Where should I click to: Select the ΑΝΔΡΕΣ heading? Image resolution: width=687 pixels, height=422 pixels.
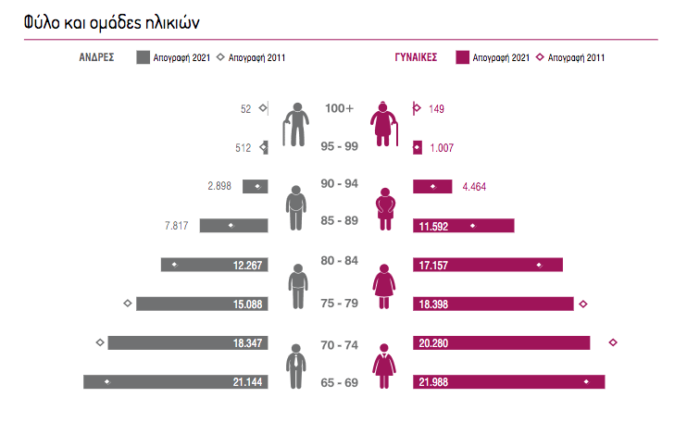point(95,57)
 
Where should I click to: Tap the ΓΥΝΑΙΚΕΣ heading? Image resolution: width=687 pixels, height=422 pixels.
point(416,57)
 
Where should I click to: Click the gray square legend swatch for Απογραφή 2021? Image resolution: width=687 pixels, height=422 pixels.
point(144,57)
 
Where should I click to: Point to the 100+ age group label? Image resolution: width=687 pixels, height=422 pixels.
point(339,108)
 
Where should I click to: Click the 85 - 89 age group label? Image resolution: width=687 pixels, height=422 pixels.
point(339,220)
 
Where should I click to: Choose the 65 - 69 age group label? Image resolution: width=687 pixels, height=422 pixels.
point(339,382)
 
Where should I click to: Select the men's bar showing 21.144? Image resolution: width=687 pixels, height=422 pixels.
point(176,382)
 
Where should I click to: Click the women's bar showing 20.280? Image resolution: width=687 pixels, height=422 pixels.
point(501,343)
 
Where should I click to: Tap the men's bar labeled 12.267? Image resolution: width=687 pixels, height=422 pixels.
point(215,265)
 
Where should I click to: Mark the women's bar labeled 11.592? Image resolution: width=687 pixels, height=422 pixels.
point(463,226)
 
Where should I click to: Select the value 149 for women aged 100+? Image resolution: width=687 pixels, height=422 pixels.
point(437,109)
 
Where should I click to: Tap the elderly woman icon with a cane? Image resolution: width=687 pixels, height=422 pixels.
point(384,123)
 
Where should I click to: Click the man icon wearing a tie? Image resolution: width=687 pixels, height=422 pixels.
point(295,366)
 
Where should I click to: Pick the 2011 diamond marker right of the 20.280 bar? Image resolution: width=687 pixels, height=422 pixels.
point(612,342)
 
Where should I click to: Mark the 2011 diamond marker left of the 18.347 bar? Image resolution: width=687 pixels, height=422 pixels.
point(99,342)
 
